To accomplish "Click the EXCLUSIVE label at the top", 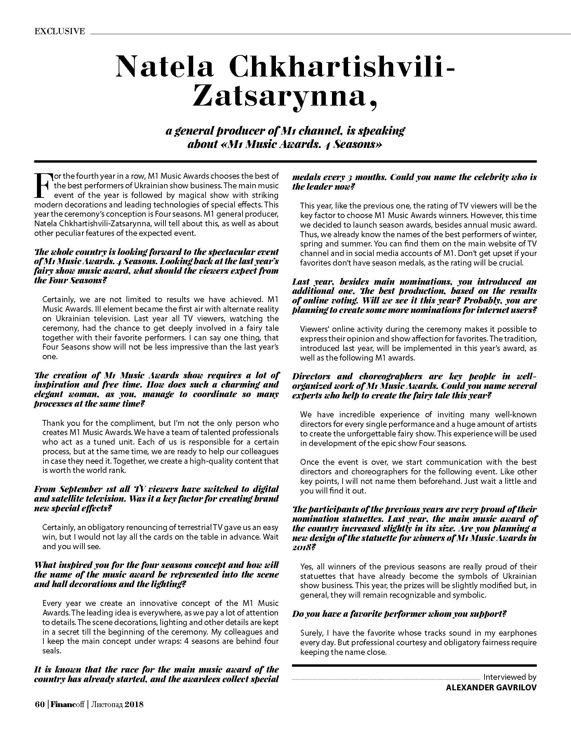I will point(59,31).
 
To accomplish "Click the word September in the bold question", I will point(85,489).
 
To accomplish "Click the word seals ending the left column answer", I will point(51,651).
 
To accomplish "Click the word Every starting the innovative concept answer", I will point(51,603).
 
